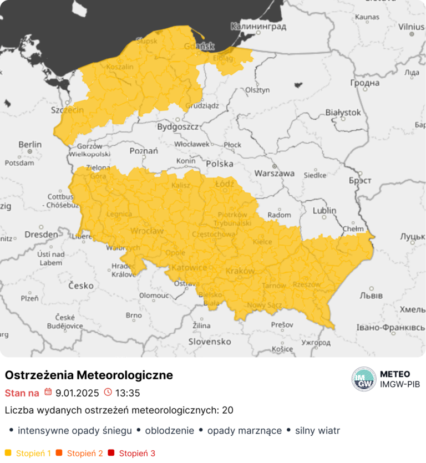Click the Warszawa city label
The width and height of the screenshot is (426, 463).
(274, 173)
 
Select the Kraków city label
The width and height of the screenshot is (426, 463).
(240, 271)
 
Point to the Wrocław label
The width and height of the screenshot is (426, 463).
(146, 230)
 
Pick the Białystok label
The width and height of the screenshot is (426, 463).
(343, 113)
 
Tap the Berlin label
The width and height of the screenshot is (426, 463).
(30, 144)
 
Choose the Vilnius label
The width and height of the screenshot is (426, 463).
(410, 26)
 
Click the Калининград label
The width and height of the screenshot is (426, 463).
(258, 26)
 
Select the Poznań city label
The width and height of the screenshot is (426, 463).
(144, 151)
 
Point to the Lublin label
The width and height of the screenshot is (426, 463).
(324, 211)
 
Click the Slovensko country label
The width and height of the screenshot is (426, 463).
(210, 342)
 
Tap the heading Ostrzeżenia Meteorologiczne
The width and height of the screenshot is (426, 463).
(89, 375)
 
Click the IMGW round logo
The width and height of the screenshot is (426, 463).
(363, 379)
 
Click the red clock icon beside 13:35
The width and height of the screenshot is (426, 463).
(108, 393)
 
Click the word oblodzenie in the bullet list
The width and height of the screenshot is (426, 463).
(169, 430)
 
